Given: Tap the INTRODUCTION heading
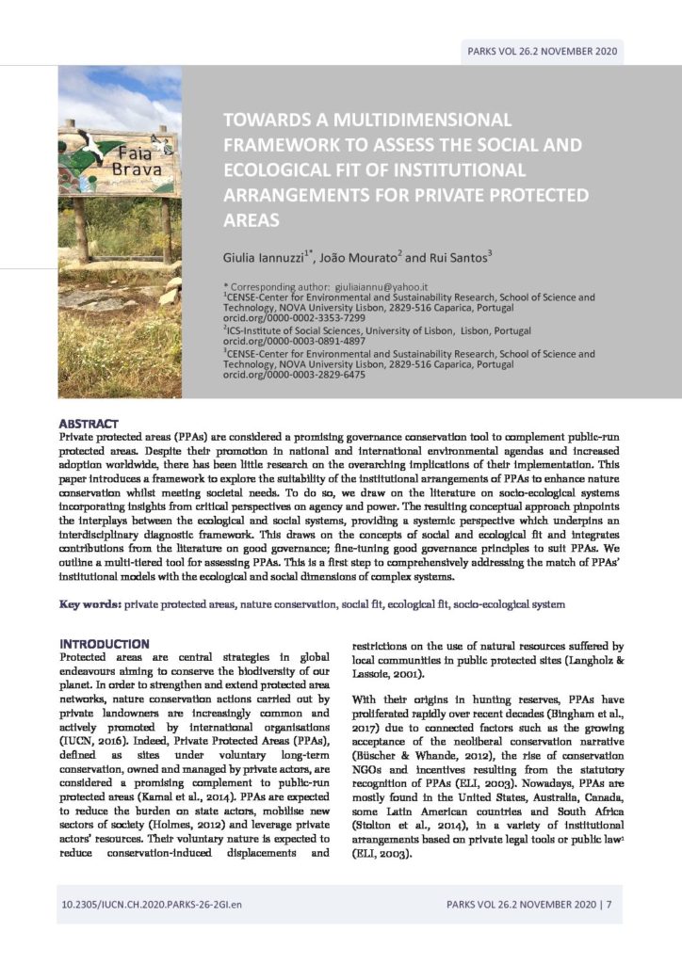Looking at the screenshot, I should click(104, 643).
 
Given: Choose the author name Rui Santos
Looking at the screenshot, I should click(459, 257).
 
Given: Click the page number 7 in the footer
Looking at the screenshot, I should click(609, 906).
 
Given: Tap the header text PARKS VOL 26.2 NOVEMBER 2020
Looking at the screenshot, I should click(542, 51).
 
